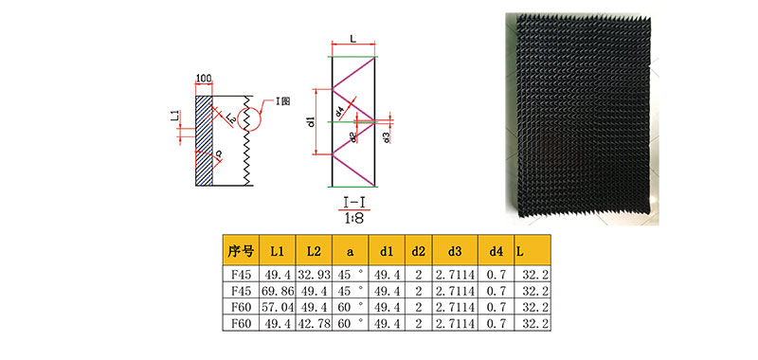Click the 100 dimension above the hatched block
pyautogui.click(x=204, y=79)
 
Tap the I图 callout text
pyautogui.click(x=283, y=102)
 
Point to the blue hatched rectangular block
pyautogui.click(x=204, y=140)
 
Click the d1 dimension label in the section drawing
pyautogui.click(x=312, y=122)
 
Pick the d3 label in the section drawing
pyautogui.click(x=386, y=137)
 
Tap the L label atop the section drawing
pyautogui.click(x=353, y=40)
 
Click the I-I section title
pyautogui.click(x=353, y=203)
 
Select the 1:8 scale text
pyautogui.click(x=353, y=217)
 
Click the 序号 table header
pyautogui.click(x=241, y=250)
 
